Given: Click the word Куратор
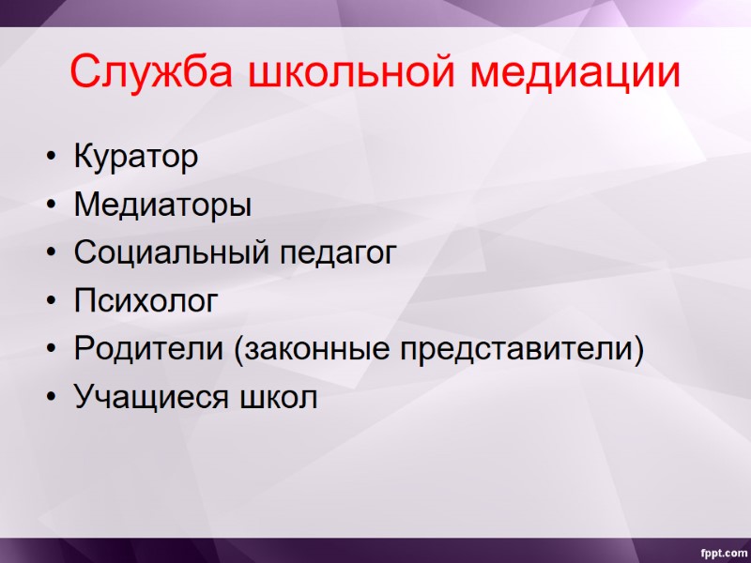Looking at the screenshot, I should tap(136, 157).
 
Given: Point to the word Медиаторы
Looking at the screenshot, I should tap(162, 205).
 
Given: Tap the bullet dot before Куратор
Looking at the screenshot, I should tap(50, 158).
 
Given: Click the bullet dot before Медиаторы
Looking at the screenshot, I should tap(50, 205).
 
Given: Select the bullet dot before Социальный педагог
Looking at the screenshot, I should tap(50, 253).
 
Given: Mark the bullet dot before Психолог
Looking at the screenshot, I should tap(50, 302).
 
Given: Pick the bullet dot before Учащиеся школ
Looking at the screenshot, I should tap(50, 398).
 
